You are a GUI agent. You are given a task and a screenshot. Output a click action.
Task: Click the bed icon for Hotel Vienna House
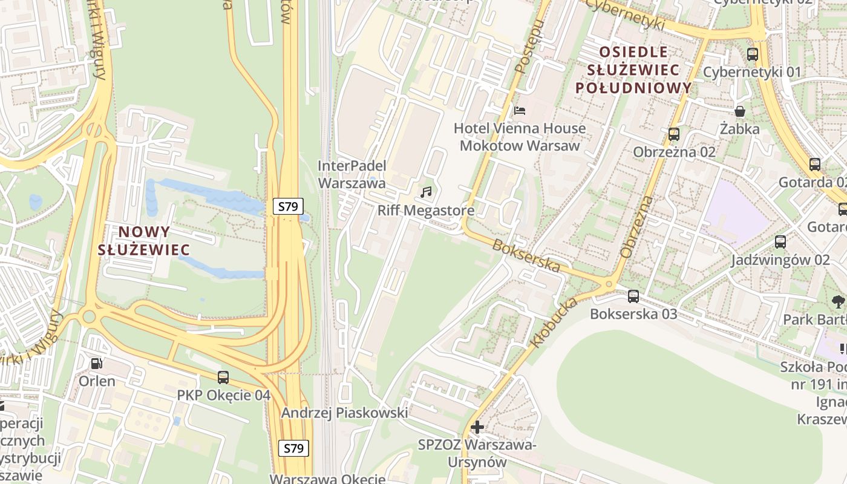point(520,111)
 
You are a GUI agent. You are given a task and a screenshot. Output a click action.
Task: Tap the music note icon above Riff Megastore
point(426,192)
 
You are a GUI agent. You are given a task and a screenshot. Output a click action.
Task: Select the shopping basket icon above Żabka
point(739,111)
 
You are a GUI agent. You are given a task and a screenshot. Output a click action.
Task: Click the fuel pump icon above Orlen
point(96,364)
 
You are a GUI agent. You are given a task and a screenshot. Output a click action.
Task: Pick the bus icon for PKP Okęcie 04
point(223,378)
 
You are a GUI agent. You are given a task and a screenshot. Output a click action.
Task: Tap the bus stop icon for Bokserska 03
point(633,296)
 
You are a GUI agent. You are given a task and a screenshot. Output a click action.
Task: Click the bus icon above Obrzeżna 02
point(674,134)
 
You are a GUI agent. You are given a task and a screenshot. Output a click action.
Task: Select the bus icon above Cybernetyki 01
point(752,54)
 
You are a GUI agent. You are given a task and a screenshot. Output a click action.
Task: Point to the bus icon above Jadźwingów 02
point(780,242)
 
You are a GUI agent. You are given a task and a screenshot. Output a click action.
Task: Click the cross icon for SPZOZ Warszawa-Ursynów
point(477,427)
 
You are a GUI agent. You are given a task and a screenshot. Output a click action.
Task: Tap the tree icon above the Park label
point(838,301)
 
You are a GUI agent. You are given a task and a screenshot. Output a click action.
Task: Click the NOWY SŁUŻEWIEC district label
point(144,240)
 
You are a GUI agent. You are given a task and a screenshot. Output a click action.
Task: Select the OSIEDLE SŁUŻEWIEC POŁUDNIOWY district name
point(633,70)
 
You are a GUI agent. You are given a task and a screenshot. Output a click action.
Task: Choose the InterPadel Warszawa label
point(352,174)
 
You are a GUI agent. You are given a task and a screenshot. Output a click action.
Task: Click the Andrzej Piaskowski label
point(344,413)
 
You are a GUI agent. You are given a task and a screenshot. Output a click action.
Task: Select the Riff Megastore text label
point(426,211)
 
